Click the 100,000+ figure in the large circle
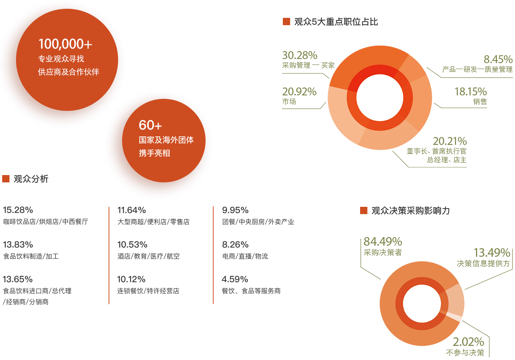(x=65, y=44)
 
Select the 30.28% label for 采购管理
(x=300, y=55)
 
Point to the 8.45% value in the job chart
(x=498, y=59)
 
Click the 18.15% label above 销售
(x=471, y=92)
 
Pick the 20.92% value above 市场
(x=299, y=92)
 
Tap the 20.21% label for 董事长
(x=450, y=141)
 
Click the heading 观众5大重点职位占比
(x=336, y=22)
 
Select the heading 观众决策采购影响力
(x=411, y=210)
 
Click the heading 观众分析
(x=31, y=179)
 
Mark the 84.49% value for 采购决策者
(x=383, y=241)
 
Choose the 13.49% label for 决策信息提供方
(x=492, y=252)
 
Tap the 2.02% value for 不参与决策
(x=469, y=342)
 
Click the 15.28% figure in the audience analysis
(x=18, y=210)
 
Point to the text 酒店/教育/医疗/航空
(x=148, y=256)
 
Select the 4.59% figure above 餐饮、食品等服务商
(x=235, y=279)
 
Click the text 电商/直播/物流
(x=245, y=256)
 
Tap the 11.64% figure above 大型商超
(x=132, y=210)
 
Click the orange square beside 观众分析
(x=6, y=179)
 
